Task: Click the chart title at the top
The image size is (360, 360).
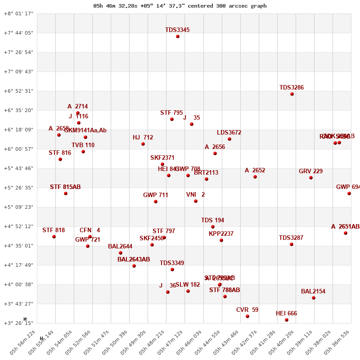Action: pos(180,6)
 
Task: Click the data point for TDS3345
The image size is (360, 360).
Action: pos(178,36)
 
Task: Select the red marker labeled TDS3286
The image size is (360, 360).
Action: pos(292,94)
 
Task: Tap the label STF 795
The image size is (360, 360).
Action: pos(171,113)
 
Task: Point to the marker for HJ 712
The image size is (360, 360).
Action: pos(143,144)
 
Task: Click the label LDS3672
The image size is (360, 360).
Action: pos(229,133)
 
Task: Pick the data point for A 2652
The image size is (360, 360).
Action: pos(255,177)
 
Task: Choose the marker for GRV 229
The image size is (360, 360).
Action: pos(311,178)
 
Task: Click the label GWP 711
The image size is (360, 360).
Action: pos(156,195)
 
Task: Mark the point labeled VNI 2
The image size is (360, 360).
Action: pos(196,201)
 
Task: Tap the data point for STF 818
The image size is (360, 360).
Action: pos(54,237)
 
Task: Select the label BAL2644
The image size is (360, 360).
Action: pos(120,247)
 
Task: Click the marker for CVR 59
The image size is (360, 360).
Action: pos(247,316)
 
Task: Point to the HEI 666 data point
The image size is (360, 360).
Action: pos(287,320)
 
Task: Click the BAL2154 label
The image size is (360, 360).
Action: pos(313,292)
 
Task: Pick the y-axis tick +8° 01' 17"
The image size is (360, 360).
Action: pos(18,13)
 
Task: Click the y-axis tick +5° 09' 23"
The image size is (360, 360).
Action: pos(18,207)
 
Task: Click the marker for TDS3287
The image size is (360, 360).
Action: pos(292,244)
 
